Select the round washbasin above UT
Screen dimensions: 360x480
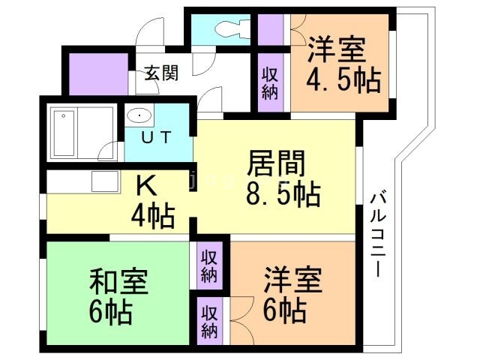tap(139, 116)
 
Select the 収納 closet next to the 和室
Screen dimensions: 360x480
tap(209, 265)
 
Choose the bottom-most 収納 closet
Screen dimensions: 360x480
tap(209, 320)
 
